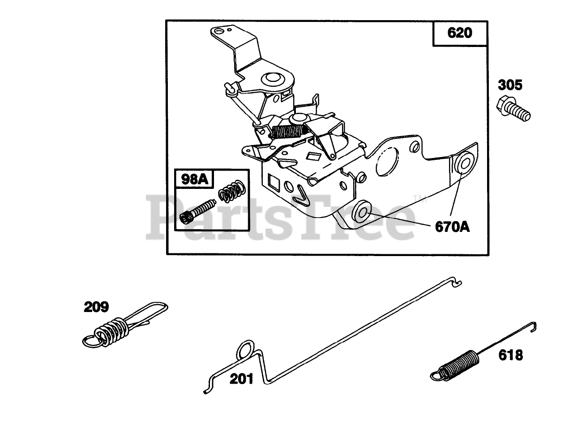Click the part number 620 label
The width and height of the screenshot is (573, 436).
tap(459, 33)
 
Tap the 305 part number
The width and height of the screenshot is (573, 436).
tap(510, 85)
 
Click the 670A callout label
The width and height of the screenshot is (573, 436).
tap(452, 227)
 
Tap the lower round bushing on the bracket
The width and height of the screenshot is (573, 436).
tap(361, 211)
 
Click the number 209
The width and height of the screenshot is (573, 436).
tap(96, 307)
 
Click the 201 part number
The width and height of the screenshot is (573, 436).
tap(241, 379)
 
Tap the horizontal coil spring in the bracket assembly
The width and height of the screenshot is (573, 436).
tap(287, 132)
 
